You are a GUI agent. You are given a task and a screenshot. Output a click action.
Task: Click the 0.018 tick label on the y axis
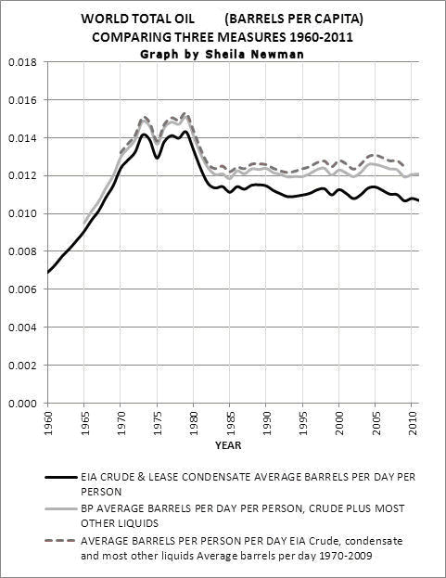pyautogui.click(x=23, y=62)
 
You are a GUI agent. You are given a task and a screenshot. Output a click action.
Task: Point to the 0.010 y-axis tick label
pyautogui.click(x=23, y=213)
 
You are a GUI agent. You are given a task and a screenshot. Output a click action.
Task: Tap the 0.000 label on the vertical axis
pyautogui.click(x=23, y=404)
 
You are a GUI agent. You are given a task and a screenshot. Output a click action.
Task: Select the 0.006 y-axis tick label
pyautogui.click(x=23, y=289)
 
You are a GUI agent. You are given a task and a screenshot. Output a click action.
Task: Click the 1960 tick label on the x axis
pyautogui.click(x=47, y=423)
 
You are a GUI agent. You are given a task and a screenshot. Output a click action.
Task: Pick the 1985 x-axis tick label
pyautogui.click(x=230, y=423)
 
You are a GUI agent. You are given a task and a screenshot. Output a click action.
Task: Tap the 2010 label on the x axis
pyautogui.click(x=414, y=423)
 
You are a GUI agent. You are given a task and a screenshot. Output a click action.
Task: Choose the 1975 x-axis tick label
pyautogui.click(x=158, y=423)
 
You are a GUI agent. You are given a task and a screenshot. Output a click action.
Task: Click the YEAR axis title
pyautogui.click(x=228, y=445)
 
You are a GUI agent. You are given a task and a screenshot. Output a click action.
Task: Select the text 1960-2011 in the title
pyautogui.click(x=319, y=37)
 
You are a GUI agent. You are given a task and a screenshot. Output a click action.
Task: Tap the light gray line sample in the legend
pyautogui.click(x=61, y=509)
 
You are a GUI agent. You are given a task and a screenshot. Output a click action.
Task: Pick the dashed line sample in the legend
pyautogui.click(x=61, y=541)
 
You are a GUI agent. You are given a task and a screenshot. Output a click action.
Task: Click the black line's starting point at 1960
pyautogui.click(x=48, y=273)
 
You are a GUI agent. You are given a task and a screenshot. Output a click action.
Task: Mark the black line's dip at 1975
pyautogui.click(x=157, y=158)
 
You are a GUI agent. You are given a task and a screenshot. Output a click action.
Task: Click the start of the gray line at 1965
pyautogui.click(x=84, y=224)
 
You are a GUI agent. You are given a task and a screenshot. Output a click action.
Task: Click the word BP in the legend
pyautogui.click(x=87, y=508)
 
